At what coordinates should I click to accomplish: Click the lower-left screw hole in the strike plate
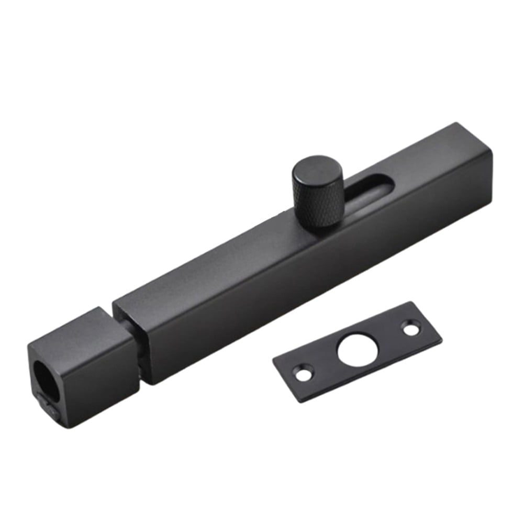(302, 374)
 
